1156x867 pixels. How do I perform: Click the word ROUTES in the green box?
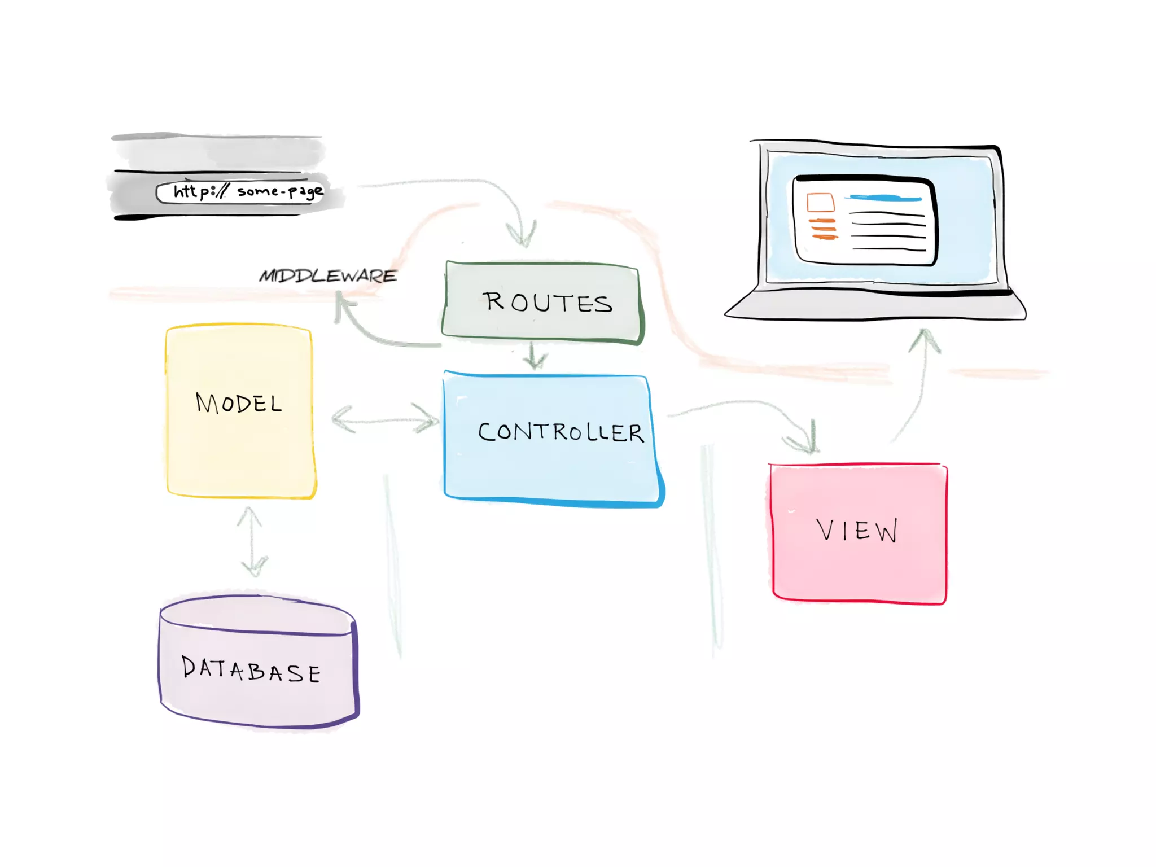(x=547, y=303)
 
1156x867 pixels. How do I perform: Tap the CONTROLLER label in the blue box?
(x=561, y=433)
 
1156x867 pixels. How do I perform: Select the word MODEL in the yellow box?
(x=239, y=404)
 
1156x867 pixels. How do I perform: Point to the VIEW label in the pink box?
(x=857, y=531)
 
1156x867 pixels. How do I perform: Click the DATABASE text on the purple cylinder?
(x=252, y=670)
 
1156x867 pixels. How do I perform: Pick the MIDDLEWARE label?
(x=328, y=276)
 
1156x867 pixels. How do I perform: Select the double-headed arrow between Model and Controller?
(x=386, y=420)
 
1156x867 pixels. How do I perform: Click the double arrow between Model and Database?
(x=252, y=541)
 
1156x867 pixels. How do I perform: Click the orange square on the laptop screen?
(x=820, y=202)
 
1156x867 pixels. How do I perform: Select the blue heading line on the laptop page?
(x=885, y=198)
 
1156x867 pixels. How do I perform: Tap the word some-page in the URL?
(x=280, y=192)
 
